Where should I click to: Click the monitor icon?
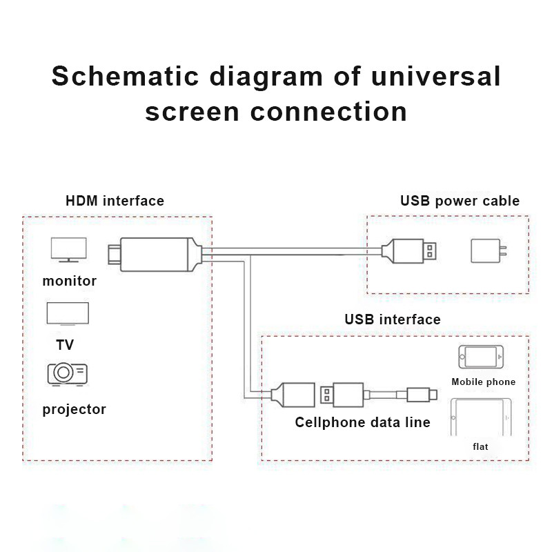click(x=68, y=249)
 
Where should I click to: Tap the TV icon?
click(x=67, y=314)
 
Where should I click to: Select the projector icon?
click(x=67, y=373)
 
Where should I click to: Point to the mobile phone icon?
click(x=481, y=357)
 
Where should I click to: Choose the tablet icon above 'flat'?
click(x=481, y=417)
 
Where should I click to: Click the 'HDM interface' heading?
click(x=115, y=201)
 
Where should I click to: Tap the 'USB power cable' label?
click(x=460, y=201)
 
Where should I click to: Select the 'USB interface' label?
click(x=392, y=319)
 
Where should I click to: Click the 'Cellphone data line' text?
click(x=362, y=422)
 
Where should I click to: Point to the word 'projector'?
click(x=74, y=409)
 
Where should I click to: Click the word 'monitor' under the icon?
click(x=69, y=281)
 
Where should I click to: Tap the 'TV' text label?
click(x=65, y=344)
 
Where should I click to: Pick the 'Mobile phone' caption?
click(x=483, y=382)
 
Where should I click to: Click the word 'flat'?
click(x=480, y=446)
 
